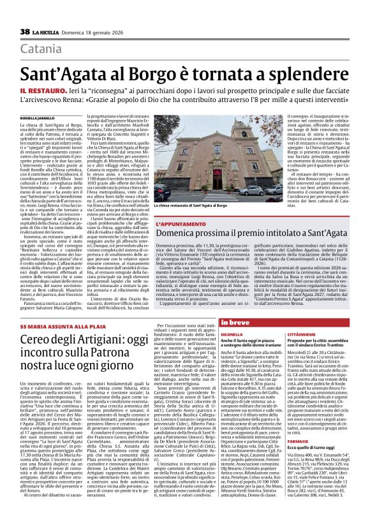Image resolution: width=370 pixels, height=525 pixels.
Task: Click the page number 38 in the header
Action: (25, 31)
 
